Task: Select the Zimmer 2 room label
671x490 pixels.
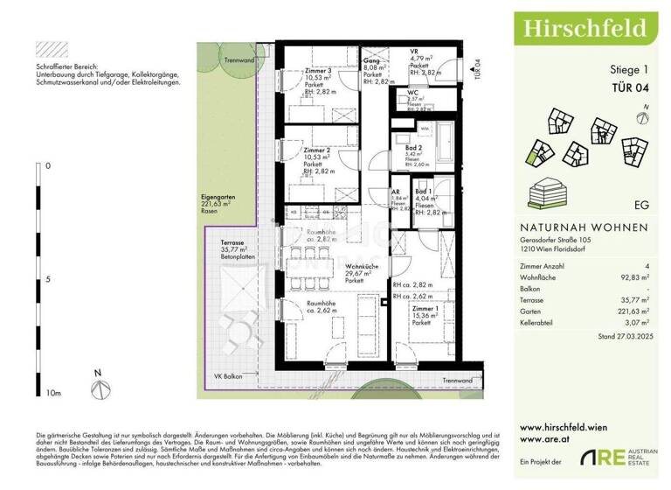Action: pos(316,151)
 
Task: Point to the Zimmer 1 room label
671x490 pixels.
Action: pos(426,310)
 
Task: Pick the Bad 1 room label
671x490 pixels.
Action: pos(424,192)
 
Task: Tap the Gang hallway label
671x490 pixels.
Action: pos(370,54)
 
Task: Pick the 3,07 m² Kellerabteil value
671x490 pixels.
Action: pos(639,320)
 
